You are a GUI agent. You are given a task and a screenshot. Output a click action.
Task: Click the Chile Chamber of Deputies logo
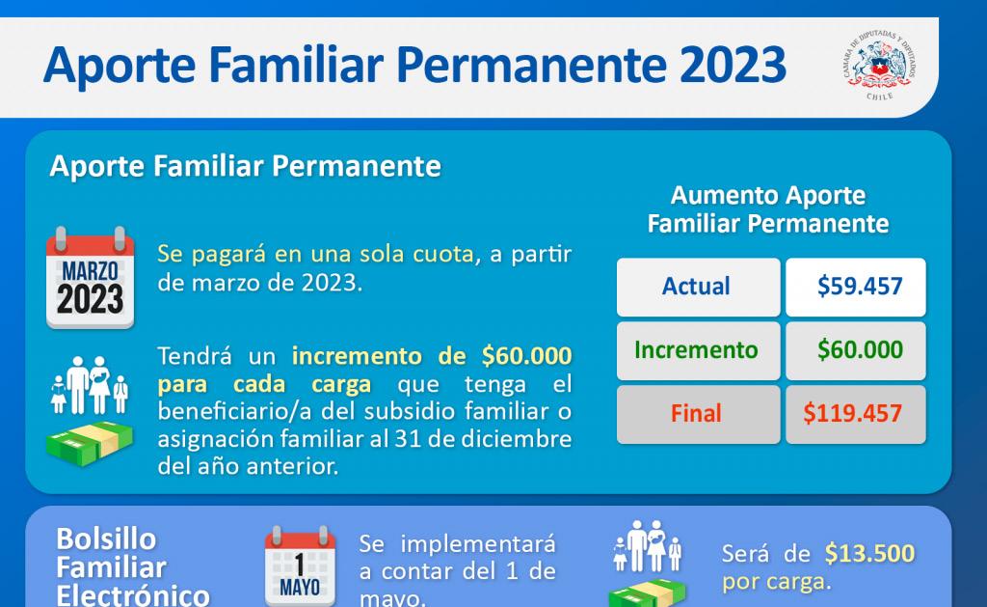point(879,66)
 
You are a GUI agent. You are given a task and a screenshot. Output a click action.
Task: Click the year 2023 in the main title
point(733,65)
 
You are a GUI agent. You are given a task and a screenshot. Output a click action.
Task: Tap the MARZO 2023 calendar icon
point(90,277)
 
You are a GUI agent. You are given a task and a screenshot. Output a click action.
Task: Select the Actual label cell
point(698,287)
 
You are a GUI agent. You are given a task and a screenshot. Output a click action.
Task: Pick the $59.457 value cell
point(856,287)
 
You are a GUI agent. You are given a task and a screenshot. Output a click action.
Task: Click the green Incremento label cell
point(698,350)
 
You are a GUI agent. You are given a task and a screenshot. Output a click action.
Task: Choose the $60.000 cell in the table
point(856,350)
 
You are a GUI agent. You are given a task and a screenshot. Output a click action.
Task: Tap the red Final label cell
point(698,414)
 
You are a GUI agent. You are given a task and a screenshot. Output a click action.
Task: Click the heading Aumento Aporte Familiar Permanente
point(768,209)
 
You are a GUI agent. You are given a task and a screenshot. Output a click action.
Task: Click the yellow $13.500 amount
point(869,553)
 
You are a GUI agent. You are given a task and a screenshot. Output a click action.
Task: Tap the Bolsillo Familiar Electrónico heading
point(132,566)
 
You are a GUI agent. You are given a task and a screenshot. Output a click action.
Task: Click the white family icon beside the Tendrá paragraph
point(90,385)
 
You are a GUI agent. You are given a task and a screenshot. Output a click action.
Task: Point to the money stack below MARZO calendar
point(90,444)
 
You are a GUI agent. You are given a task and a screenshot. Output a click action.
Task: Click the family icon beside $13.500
point(648,546)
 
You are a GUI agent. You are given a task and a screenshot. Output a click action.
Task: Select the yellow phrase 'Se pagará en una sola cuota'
point(315,254)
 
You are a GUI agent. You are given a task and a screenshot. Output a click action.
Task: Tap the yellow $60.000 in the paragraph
point(526,356)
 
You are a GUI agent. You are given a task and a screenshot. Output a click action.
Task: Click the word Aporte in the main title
point(120,66)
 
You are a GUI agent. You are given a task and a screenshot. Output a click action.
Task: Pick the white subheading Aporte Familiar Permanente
point(246,166)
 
